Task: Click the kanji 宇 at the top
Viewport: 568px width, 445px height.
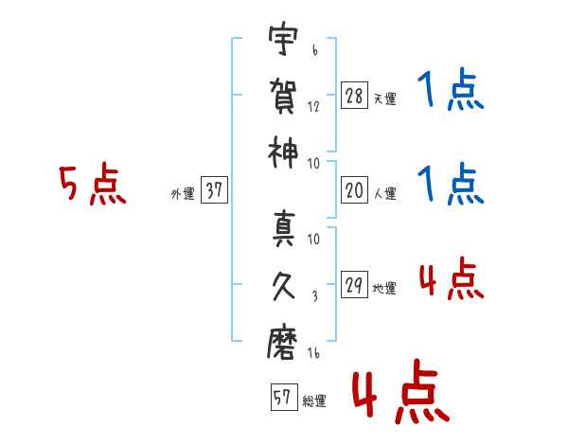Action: pos(283,39)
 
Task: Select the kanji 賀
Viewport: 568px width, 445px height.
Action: pos(283,96)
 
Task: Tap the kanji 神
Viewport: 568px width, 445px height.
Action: pos(283,152)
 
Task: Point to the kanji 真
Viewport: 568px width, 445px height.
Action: pos(284,229)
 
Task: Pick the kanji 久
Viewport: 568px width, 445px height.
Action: pos(284,286)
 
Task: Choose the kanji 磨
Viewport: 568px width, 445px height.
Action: pos(282,343)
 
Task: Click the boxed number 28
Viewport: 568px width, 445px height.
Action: pos(354,96)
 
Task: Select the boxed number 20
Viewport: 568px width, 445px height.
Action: pos(354,190)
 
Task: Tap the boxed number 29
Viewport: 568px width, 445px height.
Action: pos(354,284)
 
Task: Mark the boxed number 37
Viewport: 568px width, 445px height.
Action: pos(214,189)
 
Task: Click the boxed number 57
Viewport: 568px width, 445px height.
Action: pos(284,397)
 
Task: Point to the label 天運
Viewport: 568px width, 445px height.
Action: pos(385,98)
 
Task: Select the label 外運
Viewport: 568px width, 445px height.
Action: pos(183,193)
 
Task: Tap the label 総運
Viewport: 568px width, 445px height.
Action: pos(314,400)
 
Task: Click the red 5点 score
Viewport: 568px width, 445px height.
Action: pos(93,184)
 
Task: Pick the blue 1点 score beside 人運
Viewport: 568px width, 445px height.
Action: pos(451,184)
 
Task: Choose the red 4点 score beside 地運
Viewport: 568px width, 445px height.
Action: pos(452,278)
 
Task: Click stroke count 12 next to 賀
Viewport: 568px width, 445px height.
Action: pos(313,107)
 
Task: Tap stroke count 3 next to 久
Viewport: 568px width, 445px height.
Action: pos(315,296)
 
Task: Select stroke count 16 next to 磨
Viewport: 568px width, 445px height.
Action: pos(313,353)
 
